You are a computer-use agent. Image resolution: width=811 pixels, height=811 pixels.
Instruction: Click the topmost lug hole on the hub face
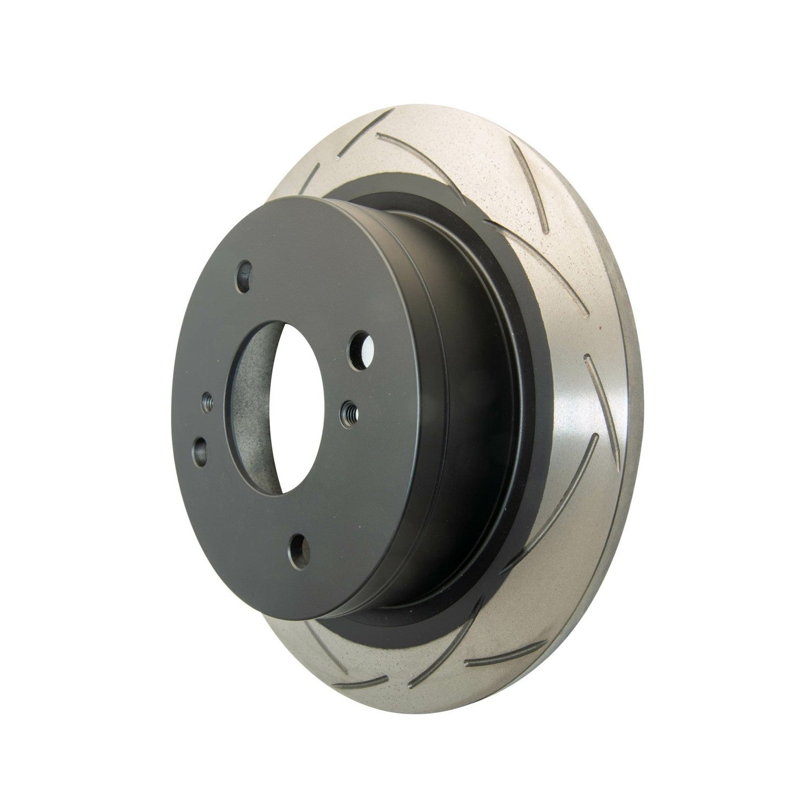click(247, 269)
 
